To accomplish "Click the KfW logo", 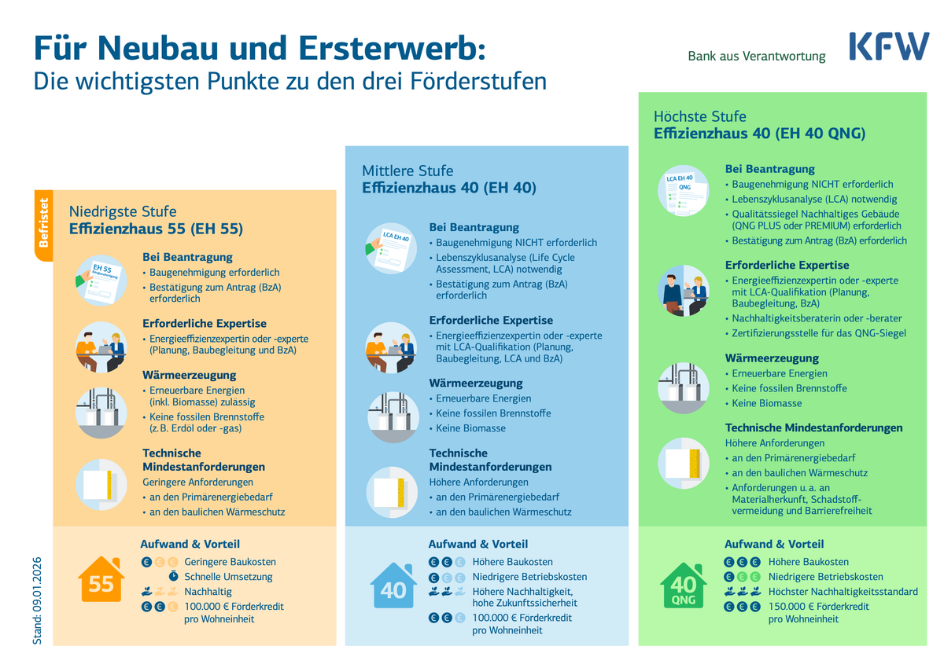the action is click(x=889, y=46).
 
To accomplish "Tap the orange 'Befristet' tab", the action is click(x=44, y=226).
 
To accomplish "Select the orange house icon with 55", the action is click(x=101, y=579).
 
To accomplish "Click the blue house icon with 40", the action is click(x=393, y=585).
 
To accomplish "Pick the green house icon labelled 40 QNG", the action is click(x=683, y=585).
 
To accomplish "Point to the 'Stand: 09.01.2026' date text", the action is click(x=37, y=600).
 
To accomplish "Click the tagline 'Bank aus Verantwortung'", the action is click(x=757, y=56).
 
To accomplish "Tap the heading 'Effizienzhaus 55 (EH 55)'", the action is click(x=156, y=229).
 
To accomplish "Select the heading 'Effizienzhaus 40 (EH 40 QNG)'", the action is click(x=759, y=134).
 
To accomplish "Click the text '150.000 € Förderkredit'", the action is click(x=818, y=607).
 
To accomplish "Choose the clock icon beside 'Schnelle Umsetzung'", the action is click(x=173, y=576).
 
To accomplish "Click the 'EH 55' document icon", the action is click(x=101, y=280).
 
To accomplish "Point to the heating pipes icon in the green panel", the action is click(x=683, y=388).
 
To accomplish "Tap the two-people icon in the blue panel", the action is click(x=391, y=347).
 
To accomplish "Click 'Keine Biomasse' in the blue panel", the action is click(x=470, y=428).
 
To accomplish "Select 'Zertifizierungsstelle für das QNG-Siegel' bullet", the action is click(x=819, y=333).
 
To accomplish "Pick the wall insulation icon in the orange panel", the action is click(x=101, y=484).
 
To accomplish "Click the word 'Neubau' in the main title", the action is click(x=157, y=48).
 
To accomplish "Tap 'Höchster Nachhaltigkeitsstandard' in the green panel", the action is click(x=843, y=592).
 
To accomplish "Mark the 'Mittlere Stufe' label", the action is click(x=407, y=171).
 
